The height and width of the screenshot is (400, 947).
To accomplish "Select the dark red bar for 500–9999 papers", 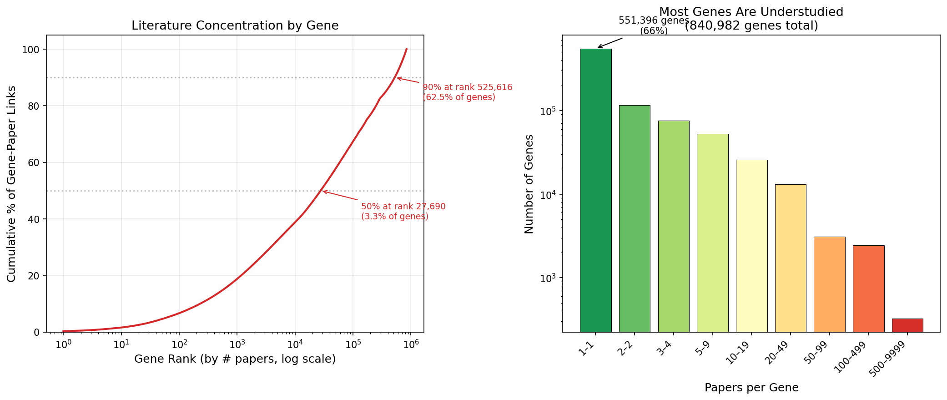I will point(907,325).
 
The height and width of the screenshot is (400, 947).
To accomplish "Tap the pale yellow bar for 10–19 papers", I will point(751,246).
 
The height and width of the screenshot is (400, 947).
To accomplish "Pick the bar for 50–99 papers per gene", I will point(829,284).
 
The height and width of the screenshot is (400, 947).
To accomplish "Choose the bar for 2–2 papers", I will point(635,218).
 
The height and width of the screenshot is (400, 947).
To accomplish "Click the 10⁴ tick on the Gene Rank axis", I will point(295,344).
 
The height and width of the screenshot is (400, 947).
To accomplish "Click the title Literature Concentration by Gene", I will point(235,25).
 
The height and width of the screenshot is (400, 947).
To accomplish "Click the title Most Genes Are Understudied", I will point(751,12).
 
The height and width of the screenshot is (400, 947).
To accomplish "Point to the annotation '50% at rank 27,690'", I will point(403,207).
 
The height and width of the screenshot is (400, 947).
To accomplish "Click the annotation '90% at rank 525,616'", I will point(467,87).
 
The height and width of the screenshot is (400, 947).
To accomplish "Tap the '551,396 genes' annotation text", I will point(654,20).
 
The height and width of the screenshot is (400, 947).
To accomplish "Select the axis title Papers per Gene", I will point(751,388).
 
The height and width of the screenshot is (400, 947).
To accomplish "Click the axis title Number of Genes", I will point(529,184).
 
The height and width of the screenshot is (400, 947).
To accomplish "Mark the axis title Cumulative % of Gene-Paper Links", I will point(11,184).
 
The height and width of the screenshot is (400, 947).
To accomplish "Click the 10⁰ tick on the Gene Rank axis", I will point(63,344).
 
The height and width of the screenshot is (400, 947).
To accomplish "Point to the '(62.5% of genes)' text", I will point(458,97).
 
